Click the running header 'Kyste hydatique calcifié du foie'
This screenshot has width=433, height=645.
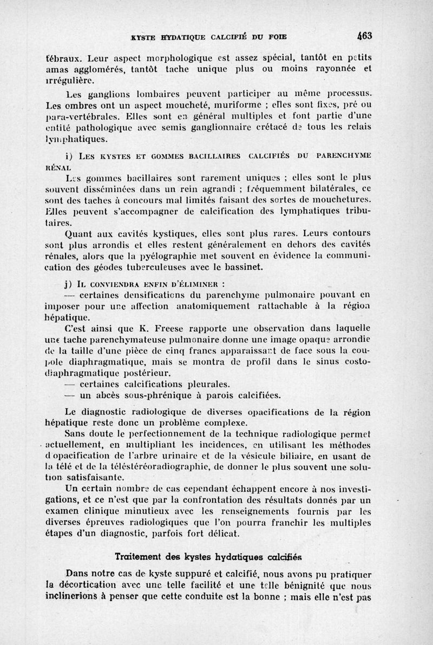pos(208,37)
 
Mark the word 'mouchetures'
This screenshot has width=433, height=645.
pos(344,199)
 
